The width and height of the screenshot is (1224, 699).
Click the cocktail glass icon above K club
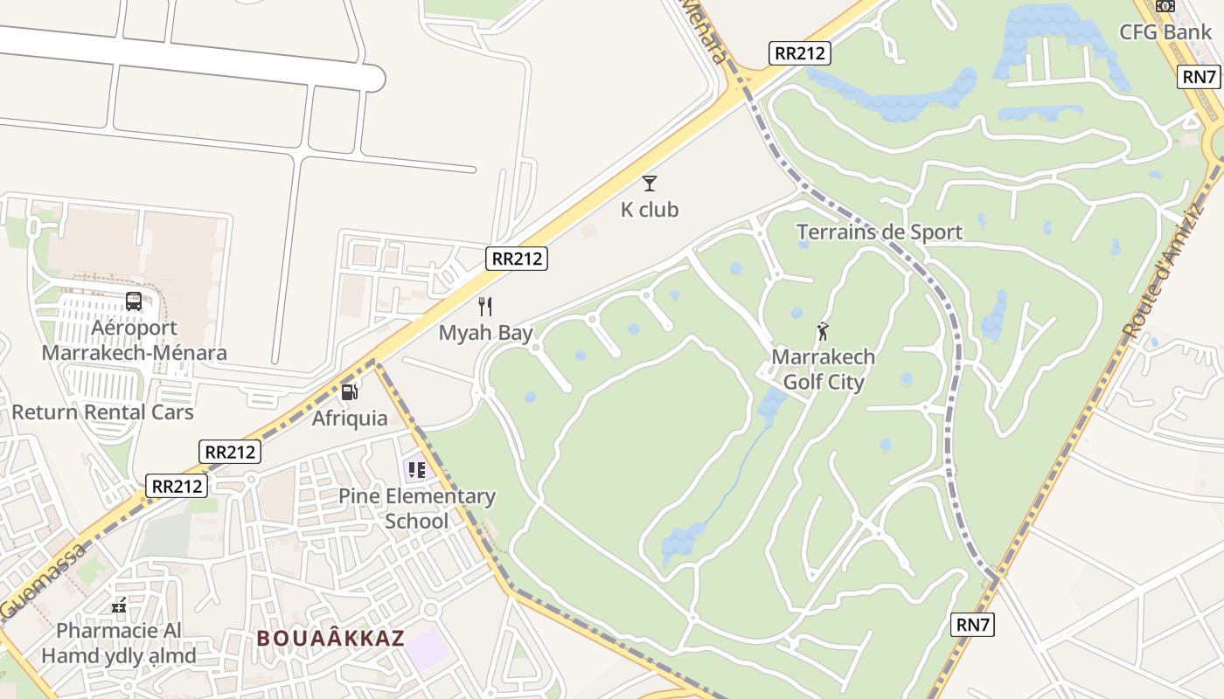pos(650,183)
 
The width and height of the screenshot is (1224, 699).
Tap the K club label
pos(650,210)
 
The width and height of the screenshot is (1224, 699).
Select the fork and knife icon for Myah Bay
pos(486,307)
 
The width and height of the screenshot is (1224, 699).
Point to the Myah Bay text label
pos(485,333)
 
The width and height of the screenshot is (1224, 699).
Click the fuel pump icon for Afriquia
pos(350,392)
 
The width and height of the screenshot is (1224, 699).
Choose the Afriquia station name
pos(350,419)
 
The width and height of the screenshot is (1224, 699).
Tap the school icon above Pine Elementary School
pos(417,470)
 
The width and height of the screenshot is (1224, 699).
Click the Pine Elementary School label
pos(417,509)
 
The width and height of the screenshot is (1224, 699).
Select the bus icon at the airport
pos(134,301)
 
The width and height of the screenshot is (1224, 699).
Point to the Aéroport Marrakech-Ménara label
pos(134,340)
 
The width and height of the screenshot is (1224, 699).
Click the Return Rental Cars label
pos(102,412)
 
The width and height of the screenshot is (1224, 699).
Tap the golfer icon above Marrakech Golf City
pos(823,331)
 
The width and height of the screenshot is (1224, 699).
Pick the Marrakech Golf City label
pos(823,370)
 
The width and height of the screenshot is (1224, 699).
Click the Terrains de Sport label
pos(879,232)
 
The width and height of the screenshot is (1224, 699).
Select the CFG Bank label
pos(1165,32)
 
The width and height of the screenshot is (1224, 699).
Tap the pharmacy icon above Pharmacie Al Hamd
pos(119,605)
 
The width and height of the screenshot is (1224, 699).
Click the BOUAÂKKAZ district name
pos(330,639)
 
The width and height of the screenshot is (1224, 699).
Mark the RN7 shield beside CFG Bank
pos(1200,77)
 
